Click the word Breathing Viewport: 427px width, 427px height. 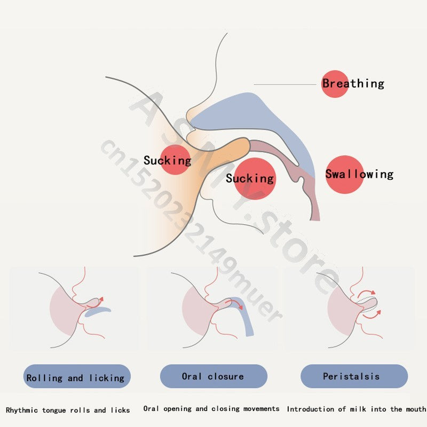pos(353,83)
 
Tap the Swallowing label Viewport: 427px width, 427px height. pos(359,174)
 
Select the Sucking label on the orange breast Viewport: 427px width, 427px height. pos(167,160)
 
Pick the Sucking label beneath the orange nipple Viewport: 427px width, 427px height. pos(250,178)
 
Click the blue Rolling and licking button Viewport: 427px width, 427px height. pos(75,378)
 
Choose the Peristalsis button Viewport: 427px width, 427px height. pos(351,376)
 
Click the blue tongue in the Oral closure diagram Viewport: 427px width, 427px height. pos(247,320)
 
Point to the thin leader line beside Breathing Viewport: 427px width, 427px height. pos(286,84)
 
